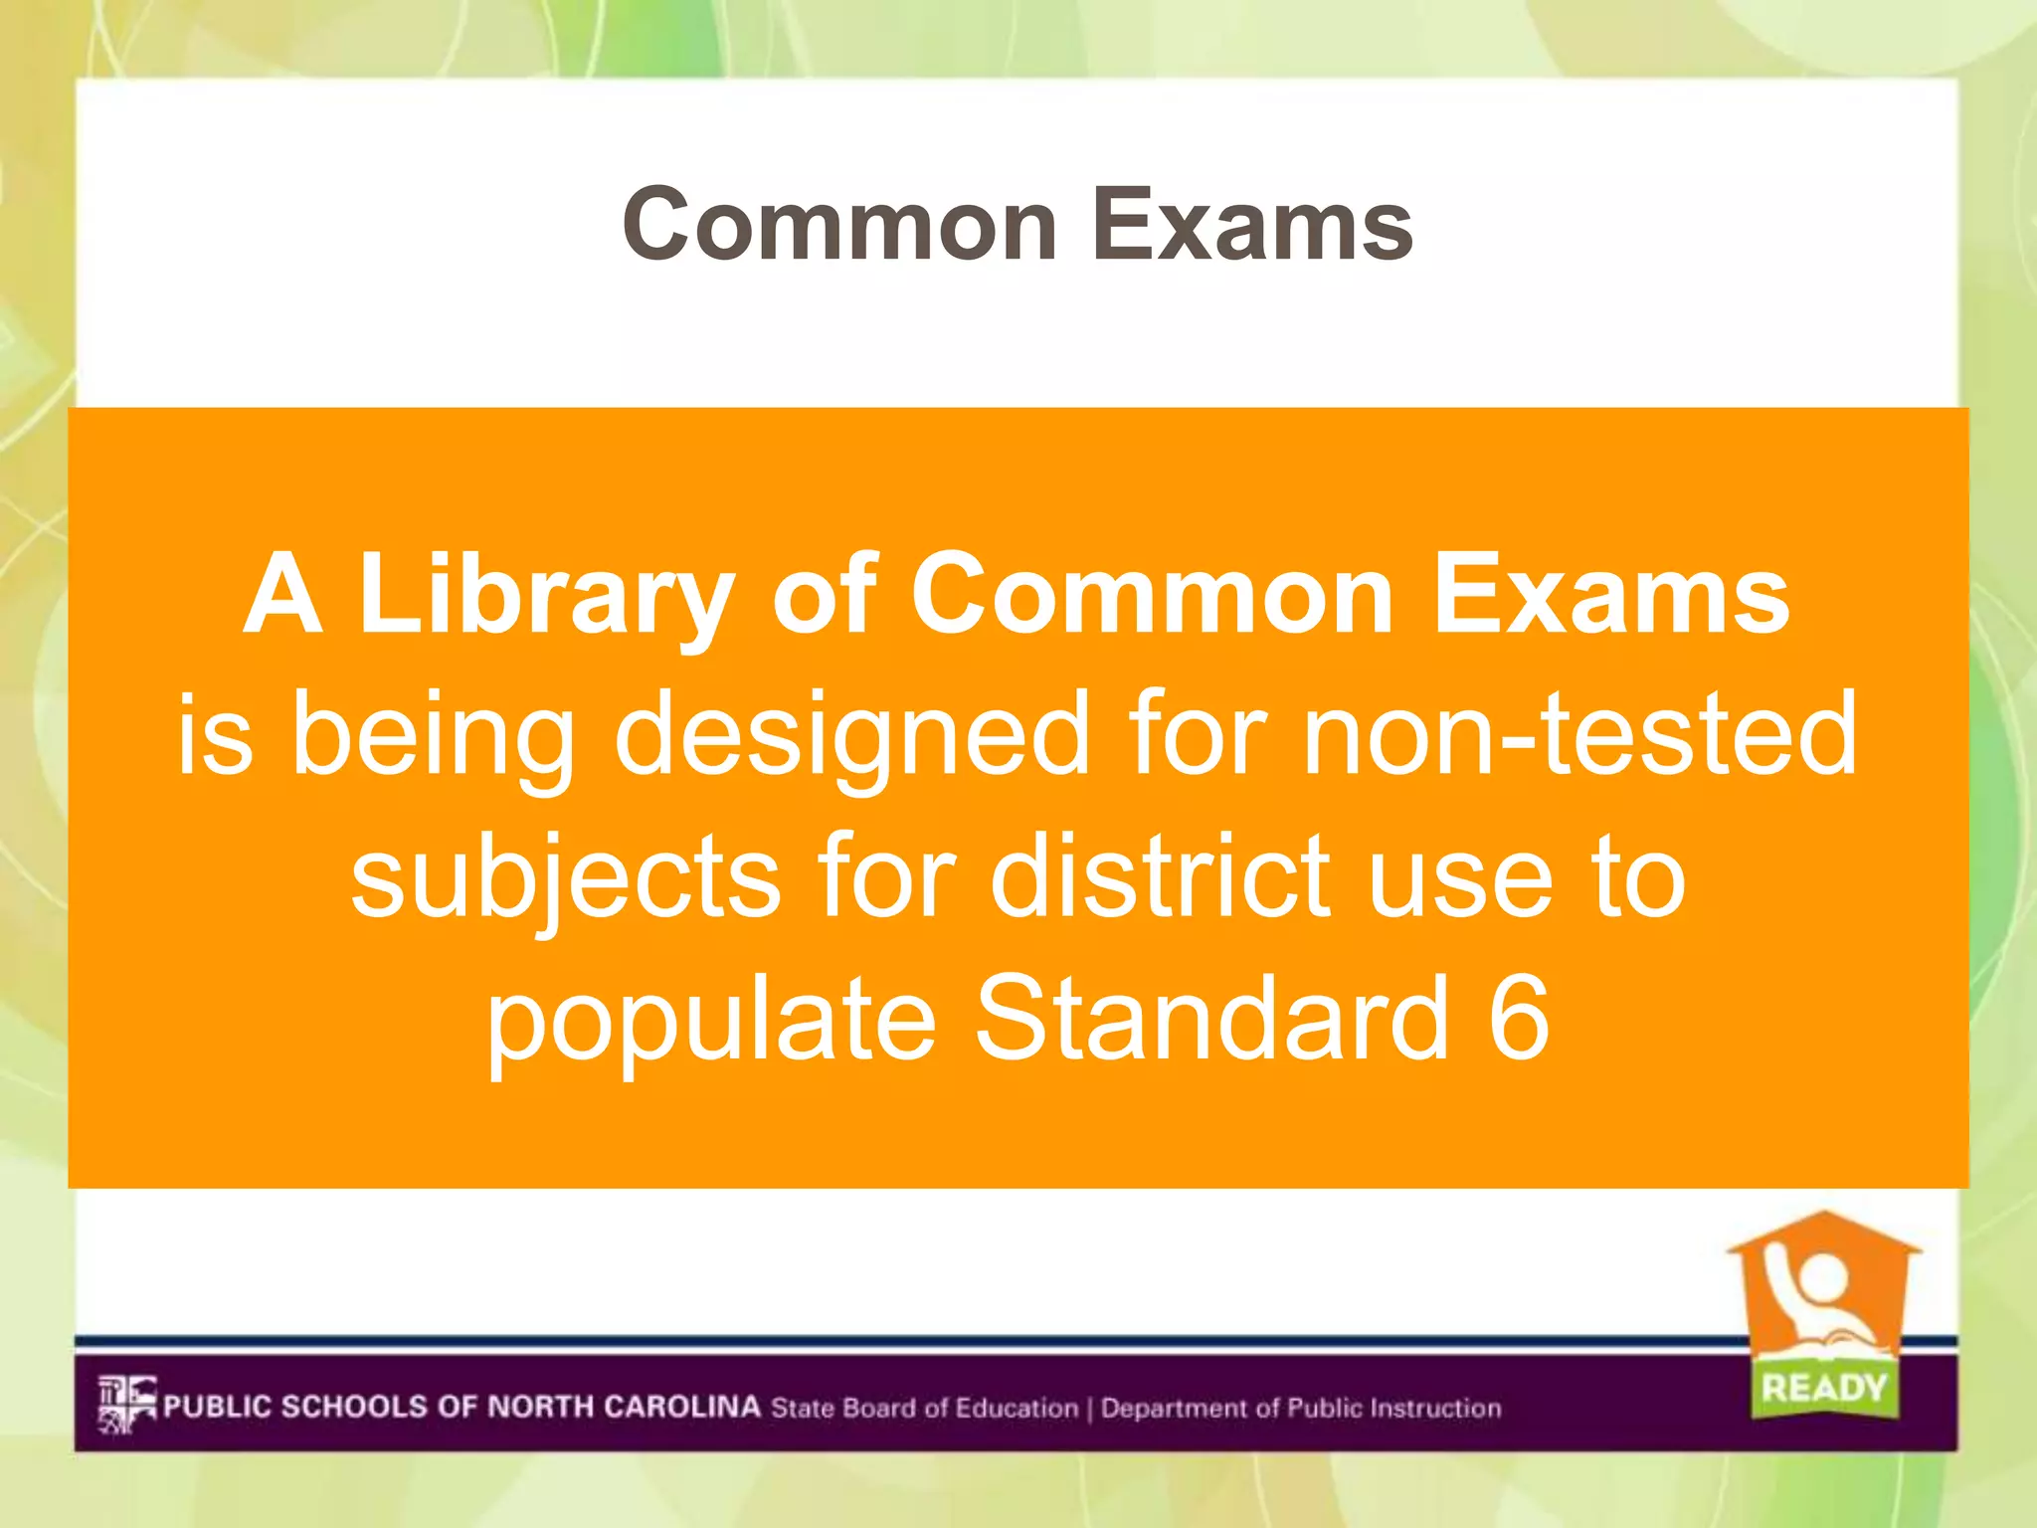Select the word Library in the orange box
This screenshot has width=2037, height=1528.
coord(546,597)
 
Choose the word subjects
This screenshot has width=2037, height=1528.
coord(565,879)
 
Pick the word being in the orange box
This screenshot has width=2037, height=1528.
coord(433,737)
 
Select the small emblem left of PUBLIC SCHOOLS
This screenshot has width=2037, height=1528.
coord(127,1405)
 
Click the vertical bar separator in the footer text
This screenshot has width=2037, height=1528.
coord(1090,1409)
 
